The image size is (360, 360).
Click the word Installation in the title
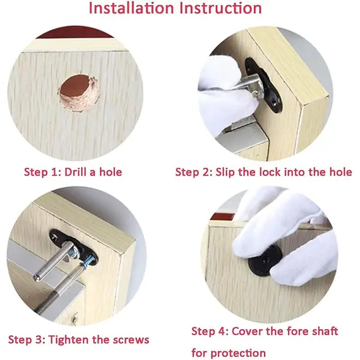point(131,8)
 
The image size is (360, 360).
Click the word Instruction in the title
point(220,8)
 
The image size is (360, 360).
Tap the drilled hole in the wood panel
point(78,93)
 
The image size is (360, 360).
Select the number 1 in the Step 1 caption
point(56,172)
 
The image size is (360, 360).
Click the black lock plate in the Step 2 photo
point(263,85)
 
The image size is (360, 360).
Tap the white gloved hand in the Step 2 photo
point(226,97)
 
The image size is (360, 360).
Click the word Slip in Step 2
point(225,172)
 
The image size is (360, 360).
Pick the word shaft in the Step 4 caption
point(325,332)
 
